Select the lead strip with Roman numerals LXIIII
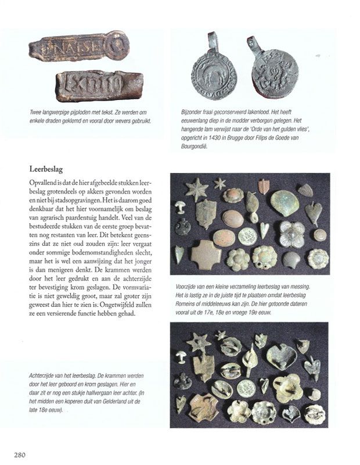coord(99,85)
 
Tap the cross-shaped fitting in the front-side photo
coord(207,255)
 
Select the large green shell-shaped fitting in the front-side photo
coord(285,202)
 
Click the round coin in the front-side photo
coord(247,235)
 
